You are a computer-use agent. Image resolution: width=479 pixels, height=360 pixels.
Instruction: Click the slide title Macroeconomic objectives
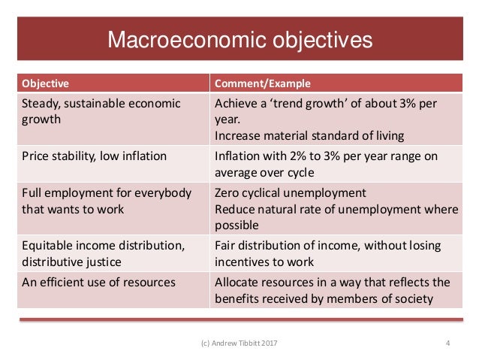(239, 40)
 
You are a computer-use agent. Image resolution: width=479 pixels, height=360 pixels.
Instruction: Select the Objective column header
(46, 83)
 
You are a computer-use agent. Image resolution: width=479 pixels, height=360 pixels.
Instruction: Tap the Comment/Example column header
(263, 83)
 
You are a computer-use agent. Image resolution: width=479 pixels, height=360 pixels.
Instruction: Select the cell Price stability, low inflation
(95, 156)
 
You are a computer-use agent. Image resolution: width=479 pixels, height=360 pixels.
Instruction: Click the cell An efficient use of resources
(99, 283)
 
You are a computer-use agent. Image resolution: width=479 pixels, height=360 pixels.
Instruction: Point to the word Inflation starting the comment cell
(239, 156)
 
